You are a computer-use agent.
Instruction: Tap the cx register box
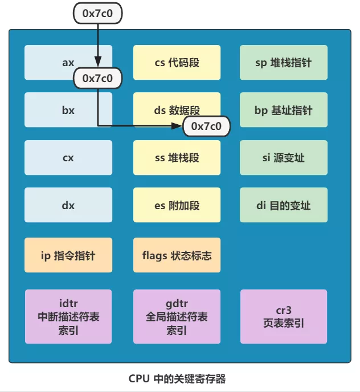[68, 157]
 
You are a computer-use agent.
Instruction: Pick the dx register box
[68, 205]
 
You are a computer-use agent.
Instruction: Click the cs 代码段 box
[177, 63]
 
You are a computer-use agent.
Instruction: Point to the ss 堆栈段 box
[177, 157]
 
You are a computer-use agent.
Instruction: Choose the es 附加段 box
[177, 205]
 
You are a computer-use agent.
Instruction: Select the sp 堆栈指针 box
[284, 63]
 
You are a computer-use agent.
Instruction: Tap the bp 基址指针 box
[284, 110]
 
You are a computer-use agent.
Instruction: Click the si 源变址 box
[284, 157]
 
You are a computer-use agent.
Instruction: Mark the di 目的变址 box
[284, 205]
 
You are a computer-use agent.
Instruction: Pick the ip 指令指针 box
[68, 255]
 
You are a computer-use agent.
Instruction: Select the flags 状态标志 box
[177, 255]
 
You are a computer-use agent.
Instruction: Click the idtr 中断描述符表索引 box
[68, 317]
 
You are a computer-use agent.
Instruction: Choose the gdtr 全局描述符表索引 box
[177, 317]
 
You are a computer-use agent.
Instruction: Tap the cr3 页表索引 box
[284, 317]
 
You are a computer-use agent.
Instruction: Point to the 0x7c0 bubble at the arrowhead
[206, 126]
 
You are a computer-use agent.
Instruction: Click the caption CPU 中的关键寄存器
[181, 378]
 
